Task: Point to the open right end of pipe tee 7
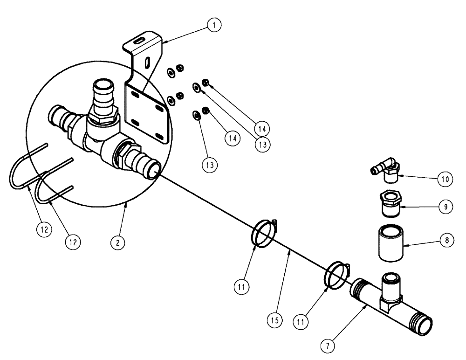(426, 325)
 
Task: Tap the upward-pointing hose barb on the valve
(101, 93)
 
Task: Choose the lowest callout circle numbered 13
(209, 165)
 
